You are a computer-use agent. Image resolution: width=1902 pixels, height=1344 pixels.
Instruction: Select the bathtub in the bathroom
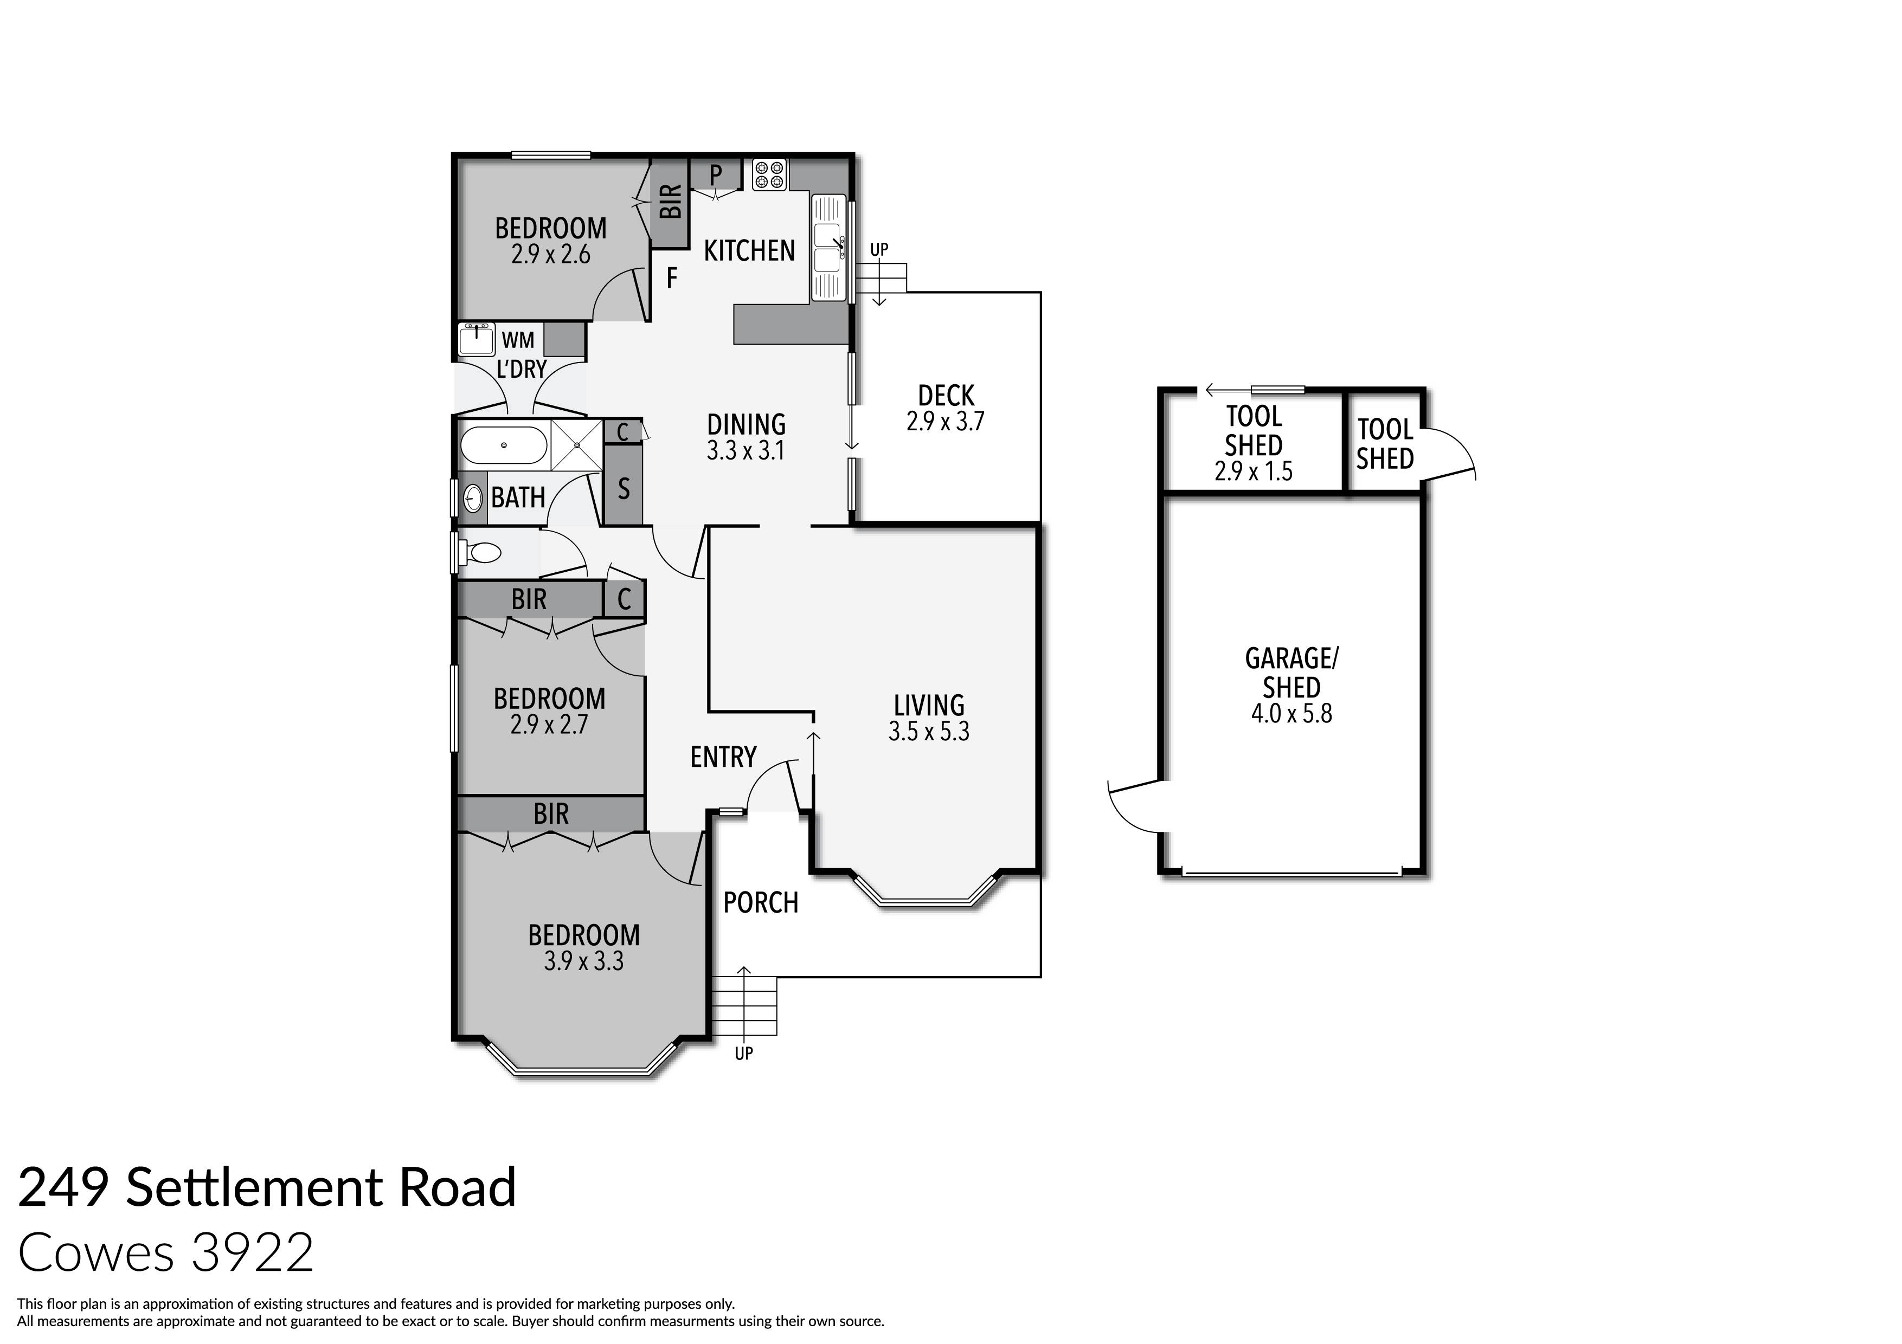(503, 445)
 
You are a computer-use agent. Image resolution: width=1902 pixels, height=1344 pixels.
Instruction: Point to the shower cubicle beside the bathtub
(576, 445)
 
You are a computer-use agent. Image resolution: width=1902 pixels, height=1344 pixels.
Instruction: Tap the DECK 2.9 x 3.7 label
(945, 408)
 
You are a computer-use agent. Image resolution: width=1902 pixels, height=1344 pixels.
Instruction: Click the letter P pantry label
(716, 175)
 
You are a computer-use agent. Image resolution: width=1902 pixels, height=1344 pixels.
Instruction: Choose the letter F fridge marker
(672, 278)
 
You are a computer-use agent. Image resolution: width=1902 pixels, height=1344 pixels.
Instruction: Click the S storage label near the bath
(624, 489)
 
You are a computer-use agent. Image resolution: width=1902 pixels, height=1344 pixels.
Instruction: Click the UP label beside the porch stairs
(744, 1054)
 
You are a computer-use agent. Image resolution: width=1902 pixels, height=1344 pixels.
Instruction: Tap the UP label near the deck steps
(879, 249)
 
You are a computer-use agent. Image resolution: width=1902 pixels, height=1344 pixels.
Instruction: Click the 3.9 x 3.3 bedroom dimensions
(584, 961)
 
